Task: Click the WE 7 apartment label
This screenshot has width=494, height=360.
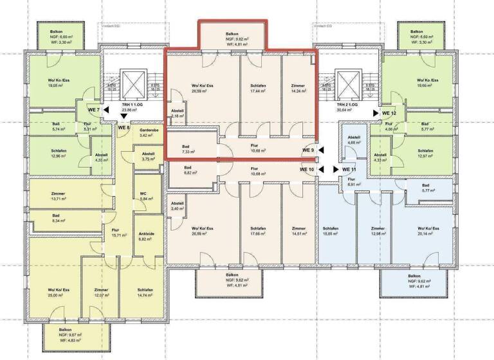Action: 84,109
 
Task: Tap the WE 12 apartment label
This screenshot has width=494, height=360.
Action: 390,113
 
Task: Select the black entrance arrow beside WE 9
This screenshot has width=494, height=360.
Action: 321,150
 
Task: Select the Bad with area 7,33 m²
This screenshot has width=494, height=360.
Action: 188,149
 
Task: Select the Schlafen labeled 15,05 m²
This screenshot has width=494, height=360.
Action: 332,232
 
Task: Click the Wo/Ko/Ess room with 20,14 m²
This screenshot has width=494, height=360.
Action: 426,232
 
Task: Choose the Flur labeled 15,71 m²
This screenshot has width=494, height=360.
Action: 116,232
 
